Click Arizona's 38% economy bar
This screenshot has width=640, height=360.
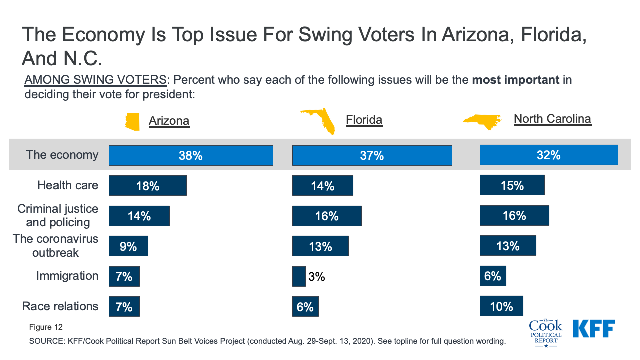(191, 155)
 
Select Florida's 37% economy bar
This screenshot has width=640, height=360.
(372, 155)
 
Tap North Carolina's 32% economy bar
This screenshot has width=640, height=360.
(549, 155)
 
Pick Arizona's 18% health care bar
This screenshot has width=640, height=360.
(148, 186)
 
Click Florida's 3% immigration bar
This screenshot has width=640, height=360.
(299, 276)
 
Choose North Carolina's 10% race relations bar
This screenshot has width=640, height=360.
(501, 306)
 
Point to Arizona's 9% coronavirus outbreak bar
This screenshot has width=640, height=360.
(128, 246)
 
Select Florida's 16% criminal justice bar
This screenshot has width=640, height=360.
(327, 216)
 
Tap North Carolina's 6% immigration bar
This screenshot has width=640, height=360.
(493, 276)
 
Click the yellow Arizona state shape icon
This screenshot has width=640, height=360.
(133, 121)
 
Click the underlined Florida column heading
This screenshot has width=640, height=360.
(364, 120)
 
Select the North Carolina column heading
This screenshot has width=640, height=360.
(552, 119)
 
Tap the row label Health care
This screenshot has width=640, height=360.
(68, 186)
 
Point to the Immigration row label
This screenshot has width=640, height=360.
(67, 276)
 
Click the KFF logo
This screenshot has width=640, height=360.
(594, 328)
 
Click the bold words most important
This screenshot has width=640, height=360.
(516, 80)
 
